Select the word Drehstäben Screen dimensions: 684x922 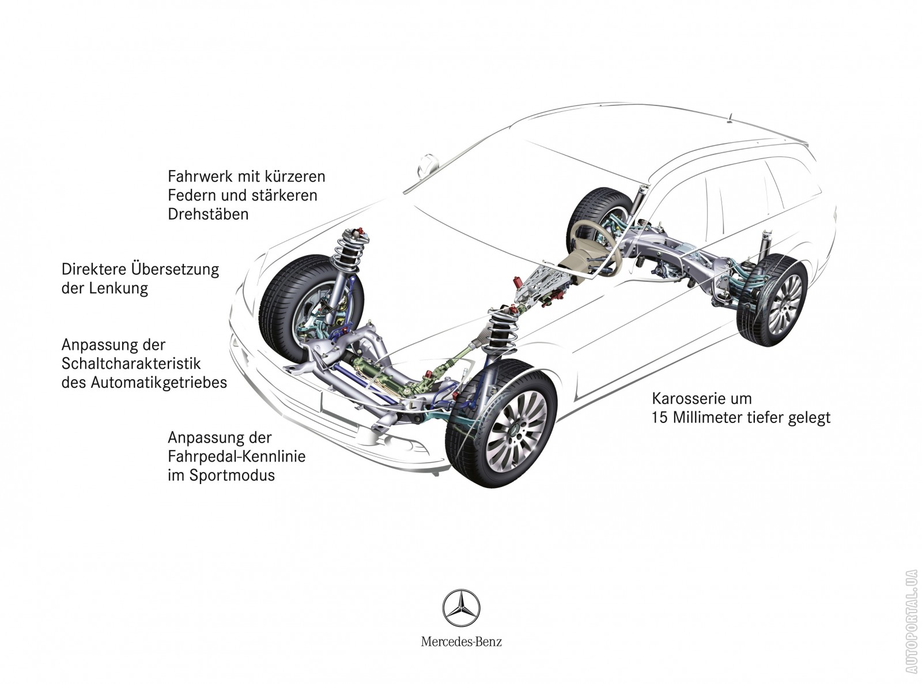point(208,214)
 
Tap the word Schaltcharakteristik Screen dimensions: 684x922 point(131,364)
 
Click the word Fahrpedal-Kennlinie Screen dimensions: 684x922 point(236,456)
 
